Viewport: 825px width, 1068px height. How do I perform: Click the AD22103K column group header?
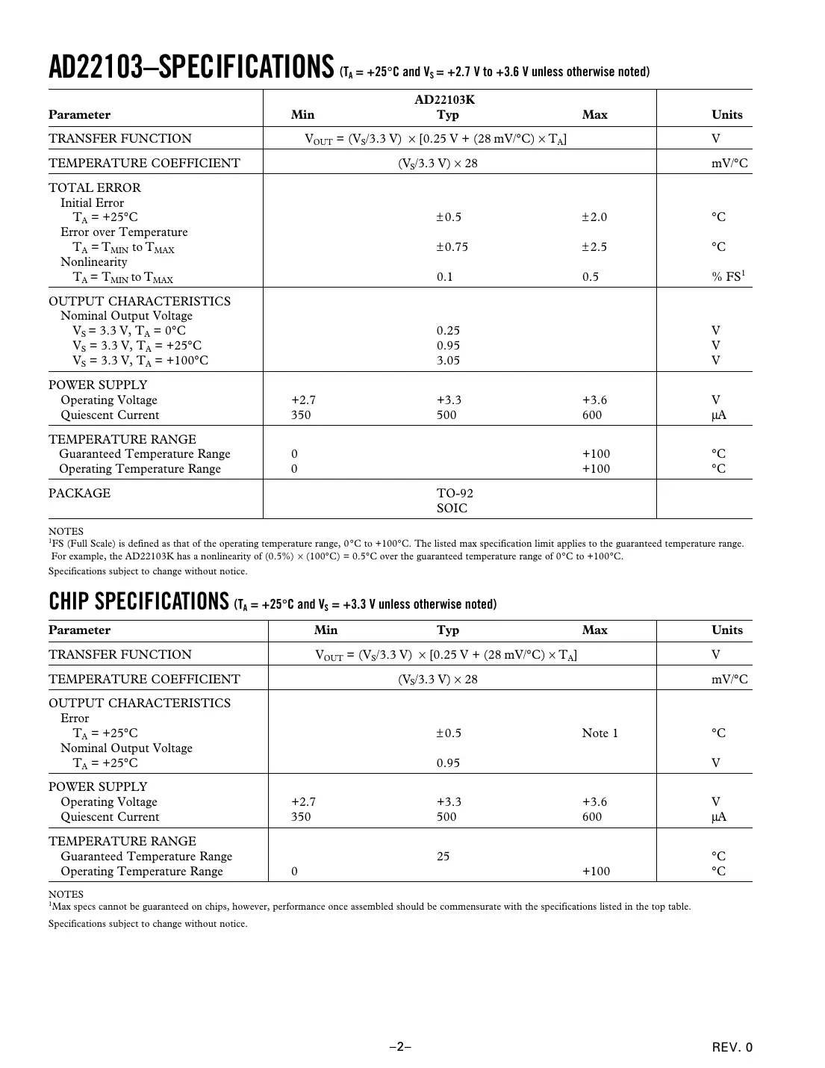tap(445, 99)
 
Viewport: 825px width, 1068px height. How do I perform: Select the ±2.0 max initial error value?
tap(594, 217)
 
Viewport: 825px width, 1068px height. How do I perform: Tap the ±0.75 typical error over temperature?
tap(452, 247)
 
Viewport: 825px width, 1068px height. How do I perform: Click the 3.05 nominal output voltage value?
tap(448, 361)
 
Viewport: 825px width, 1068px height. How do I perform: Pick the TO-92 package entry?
tap(455, 494)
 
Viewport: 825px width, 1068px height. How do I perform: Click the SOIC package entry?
tap(452, 509)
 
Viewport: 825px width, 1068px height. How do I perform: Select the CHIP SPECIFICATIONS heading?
tap(138, 601)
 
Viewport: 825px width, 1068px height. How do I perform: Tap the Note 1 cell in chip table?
tap(600, 733)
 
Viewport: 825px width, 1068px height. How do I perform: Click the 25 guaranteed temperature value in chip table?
tap(443, 857)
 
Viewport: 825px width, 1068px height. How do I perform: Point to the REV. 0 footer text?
tap(732, 1047)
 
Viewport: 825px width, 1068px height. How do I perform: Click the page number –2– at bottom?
tap(400, 1046)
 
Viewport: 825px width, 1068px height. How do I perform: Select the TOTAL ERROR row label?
tap(95, 188)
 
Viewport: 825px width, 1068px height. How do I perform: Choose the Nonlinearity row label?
tap(94, 262)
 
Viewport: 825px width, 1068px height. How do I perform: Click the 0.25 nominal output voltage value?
tap(448, 331)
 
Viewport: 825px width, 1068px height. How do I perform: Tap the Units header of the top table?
tap(726, 115)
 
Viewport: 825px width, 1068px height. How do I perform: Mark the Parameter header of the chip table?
tap(79, 630)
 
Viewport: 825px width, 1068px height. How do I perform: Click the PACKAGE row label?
tap(79, 494)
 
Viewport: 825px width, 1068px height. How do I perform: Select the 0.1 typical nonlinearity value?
tap(445, 277)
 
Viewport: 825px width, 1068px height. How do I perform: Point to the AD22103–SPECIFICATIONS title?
tap(190, 67)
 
